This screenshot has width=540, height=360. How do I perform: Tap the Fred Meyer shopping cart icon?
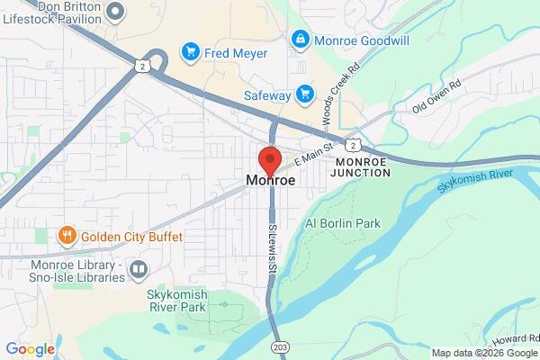click(190, 52)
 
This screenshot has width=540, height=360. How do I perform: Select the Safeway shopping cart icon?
click(305, 94)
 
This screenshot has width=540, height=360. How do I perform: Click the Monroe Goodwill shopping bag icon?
click(300, 40)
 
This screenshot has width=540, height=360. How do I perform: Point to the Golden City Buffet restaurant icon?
click(67, 237)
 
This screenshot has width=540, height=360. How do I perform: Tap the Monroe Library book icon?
click(139, 268)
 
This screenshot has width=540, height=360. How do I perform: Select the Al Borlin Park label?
click(343, 222)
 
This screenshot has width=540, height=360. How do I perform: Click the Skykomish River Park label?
click(176, 300)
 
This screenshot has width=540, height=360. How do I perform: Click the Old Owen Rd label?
click(436, 96)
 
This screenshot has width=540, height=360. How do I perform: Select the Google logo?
click(30, 349)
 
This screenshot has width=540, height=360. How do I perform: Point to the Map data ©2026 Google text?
click(483, 352)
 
